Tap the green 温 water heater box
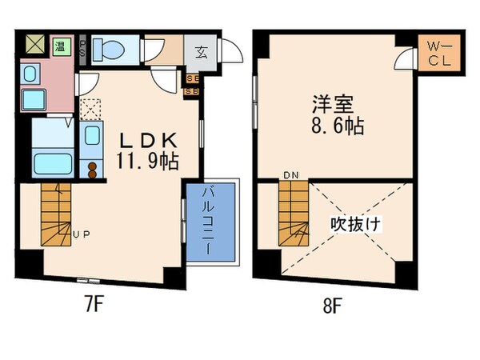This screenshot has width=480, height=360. tap(60, 46)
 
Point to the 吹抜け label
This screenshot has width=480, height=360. tap(355, 225)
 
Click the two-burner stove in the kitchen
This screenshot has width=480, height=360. tap(93, 170)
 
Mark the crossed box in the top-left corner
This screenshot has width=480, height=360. tap(35, 45)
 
